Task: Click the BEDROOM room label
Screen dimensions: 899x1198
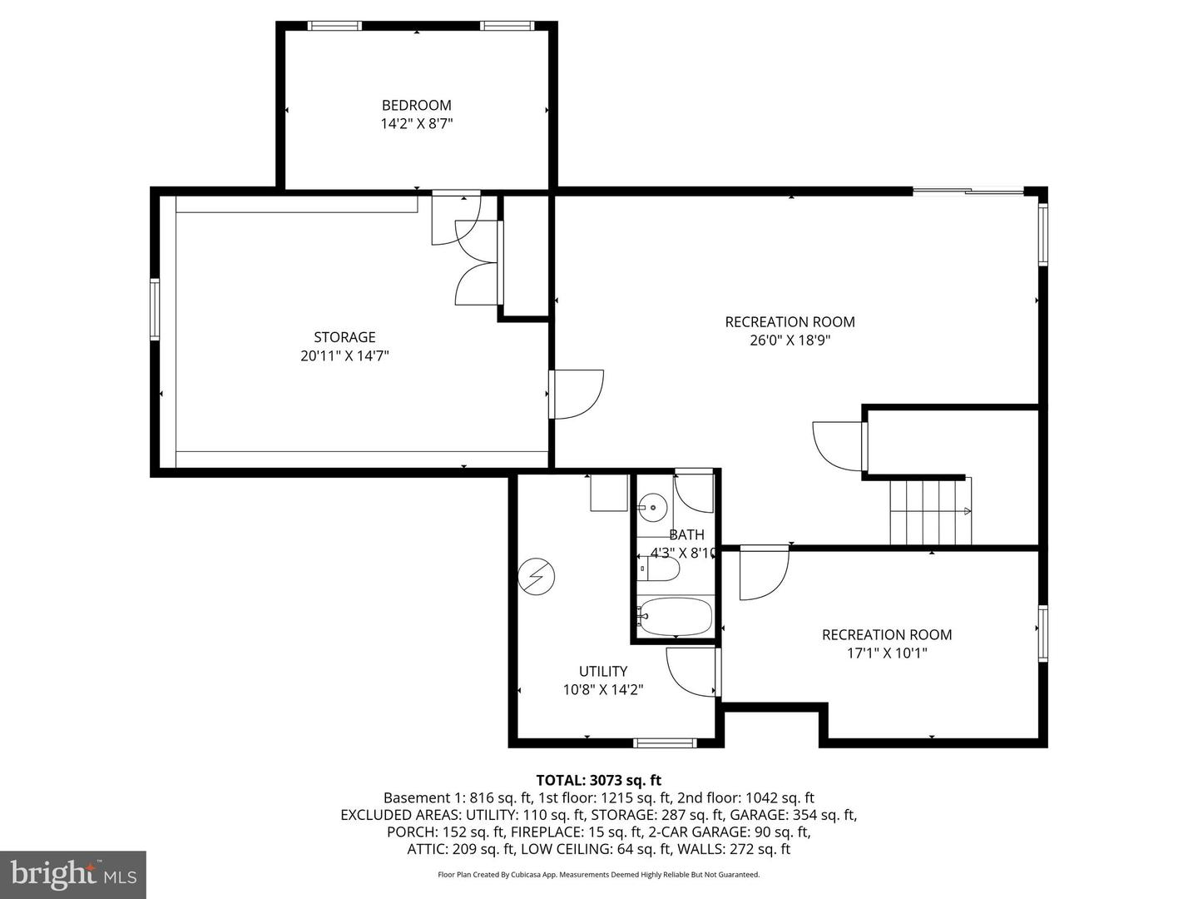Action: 416,105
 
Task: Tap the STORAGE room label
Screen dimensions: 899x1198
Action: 344,337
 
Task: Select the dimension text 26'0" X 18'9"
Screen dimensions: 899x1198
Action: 790,340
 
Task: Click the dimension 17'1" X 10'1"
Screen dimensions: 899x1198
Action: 887,653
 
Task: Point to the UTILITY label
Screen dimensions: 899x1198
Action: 603,671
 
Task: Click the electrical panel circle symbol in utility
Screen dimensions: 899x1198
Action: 537,576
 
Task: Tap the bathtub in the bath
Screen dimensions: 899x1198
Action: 675,617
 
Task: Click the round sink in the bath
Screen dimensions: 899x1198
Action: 653,506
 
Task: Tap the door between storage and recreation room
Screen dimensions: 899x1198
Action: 576,394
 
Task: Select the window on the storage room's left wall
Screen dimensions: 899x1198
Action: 155,310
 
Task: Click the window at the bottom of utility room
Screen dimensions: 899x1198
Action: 664,743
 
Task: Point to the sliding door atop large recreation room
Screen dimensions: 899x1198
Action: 968,192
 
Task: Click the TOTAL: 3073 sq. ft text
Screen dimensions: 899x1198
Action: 598,780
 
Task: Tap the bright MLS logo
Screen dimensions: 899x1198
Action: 73,874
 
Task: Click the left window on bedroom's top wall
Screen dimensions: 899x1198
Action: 335,26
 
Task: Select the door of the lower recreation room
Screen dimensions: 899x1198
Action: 764,573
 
